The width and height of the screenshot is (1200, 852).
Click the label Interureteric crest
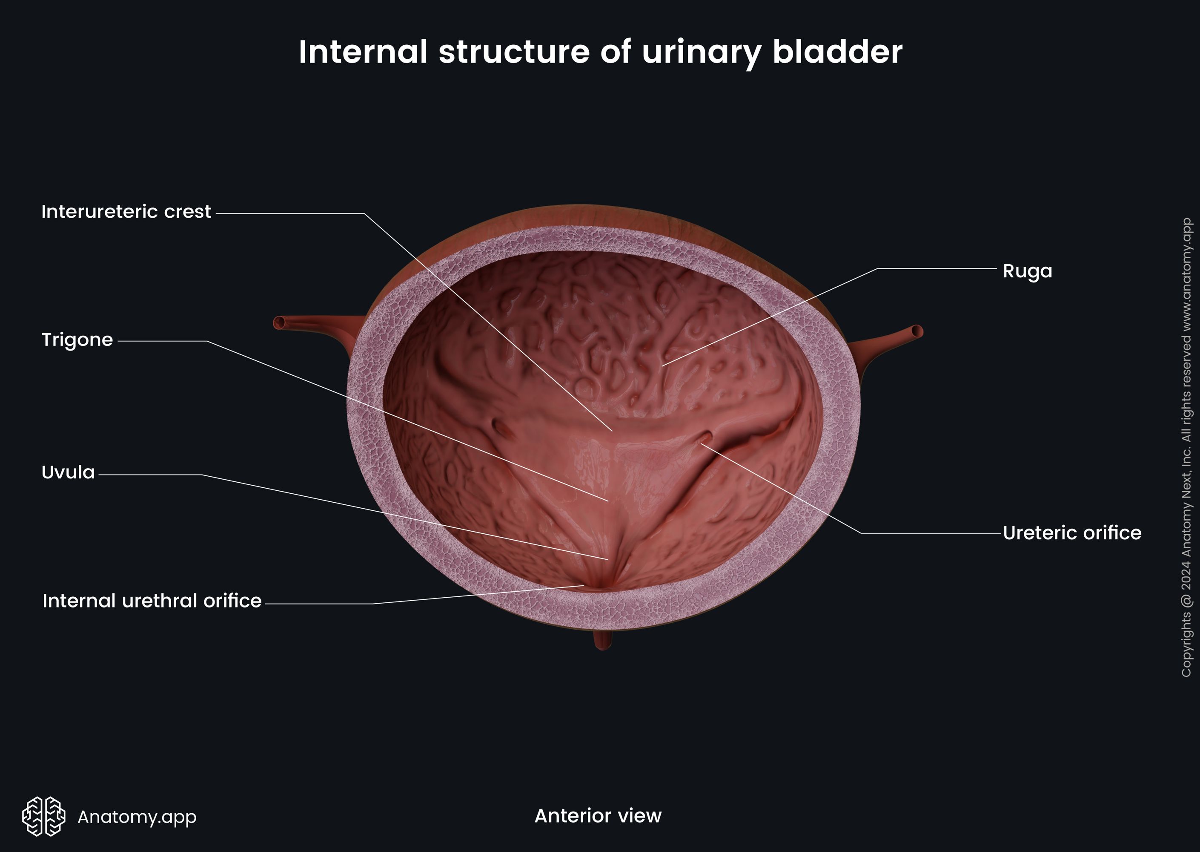[x=126, y=212]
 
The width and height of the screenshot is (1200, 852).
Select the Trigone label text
[x=77, y=340]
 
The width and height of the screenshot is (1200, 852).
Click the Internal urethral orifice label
[x=152, y=601]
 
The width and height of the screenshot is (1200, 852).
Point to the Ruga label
[x=1027, y=272]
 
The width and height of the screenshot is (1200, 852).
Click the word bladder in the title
[x=837, y=52]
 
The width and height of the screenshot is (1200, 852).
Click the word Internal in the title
[x=363, y=52]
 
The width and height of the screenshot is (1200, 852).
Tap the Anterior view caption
[x=598, y=816]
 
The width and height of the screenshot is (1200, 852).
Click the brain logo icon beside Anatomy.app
[x=43, y=816]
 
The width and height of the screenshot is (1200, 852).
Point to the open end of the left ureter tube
[x=279, y=322]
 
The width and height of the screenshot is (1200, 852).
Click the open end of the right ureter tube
[x=917, y=331]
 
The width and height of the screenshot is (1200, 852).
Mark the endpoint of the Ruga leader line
[x=663, y=365]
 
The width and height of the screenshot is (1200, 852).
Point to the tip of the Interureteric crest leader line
[x=612, y=430]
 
